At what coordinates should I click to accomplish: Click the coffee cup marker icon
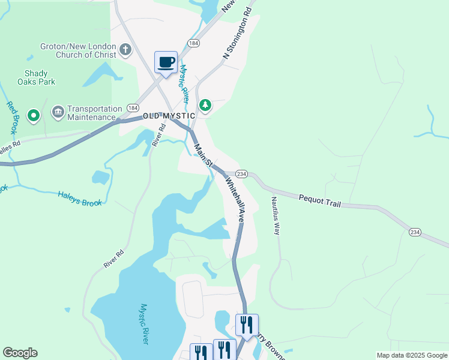166,62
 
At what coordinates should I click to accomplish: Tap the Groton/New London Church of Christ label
78,50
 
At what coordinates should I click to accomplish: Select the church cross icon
125,50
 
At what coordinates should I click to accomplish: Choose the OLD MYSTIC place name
169,115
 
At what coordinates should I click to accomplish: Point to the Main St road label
202,153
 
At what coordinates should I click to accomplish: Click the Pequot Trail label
319,200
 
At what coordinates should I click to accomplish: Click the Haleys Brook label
80,199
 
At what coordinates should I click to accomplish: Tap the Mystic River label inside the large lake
143,324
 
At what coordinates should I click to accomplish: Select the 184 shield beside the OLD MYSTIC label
131,108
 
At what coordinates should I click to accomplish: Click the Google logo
20,353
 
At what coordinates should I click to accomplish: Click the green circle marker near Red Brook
34,114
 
